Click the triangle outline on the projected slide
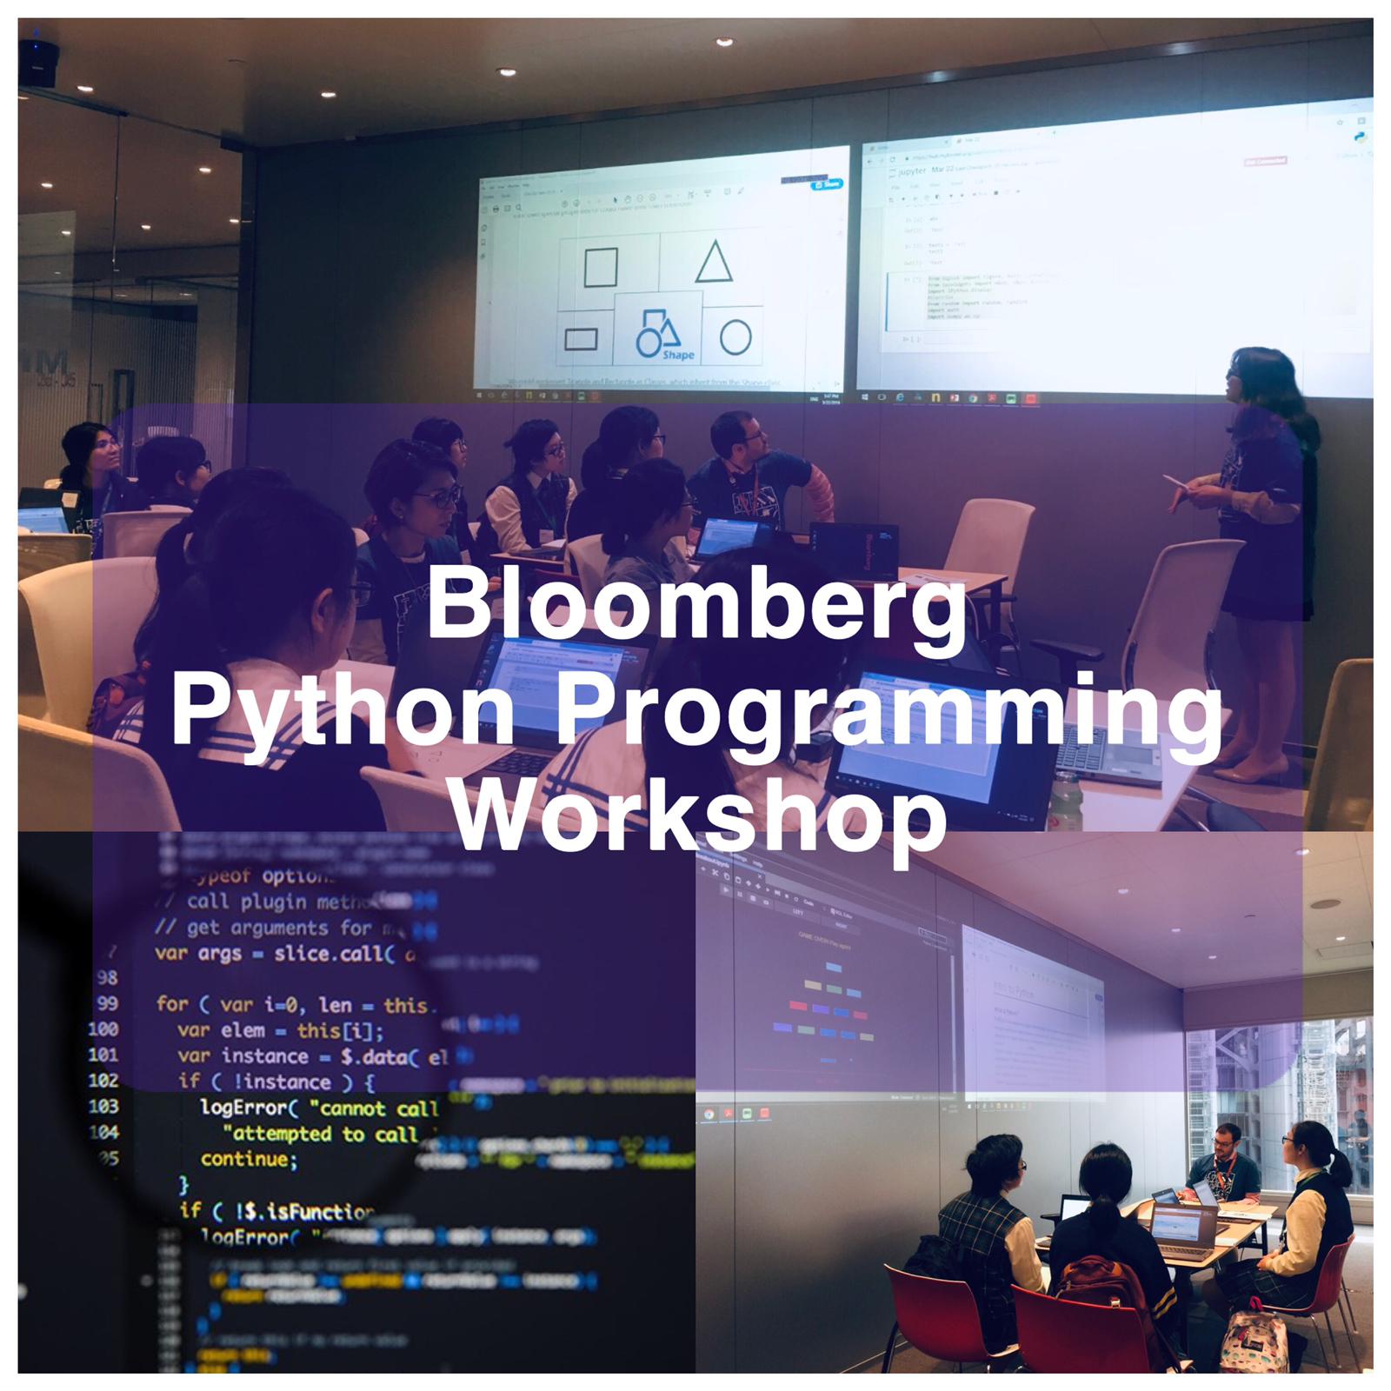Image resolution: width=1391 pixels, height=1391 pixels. [713, 262]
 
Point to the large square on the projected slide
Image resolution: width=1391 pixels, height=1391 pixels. [600, 267]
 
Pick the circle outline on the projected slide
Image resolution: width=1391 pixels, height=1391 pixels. [735, 337]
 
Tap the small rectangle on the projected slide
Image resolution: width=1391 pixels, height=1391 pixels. [581, 338]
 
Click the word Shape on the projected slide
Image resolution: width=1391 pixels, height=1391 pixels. [678, 356]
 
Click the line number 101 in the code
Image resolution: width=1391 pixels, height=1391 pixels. [103, 1055]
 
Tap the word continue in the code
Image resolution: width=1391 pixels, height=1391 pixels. [249, 1159]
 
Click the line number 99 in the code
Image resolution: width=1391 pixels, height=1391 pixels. [107, 1004]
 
